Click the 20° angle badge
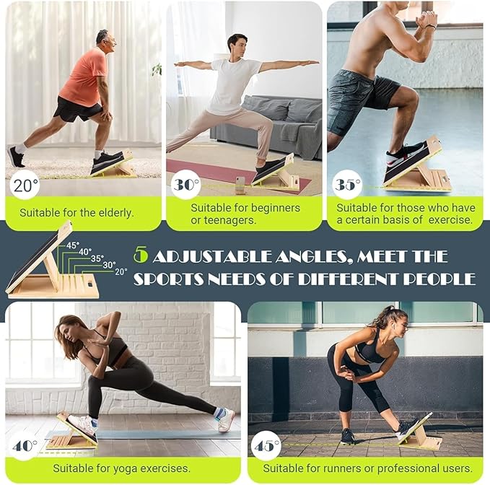click(x=25, y=185)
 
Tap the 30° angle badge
click(x=185, y=185)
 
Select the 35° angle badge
click(x=347, y=185)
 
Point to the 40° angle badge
click(x=25, y=445)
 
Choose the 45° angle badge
click(x=266, y=445)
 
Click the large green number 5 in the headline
click(x=140, y=255)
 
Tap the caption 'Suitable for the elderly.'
click(x=77, y=213)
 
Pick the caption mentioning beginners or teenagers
click(x=245, y=214)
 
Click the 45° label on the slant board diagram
click(x=73, y=245)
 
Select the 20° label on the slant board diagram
click(x=121, y=272)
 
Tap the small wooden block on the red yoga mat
click(x=240, y=185)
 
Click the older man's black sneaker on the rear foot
click(x=15, y=157)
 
